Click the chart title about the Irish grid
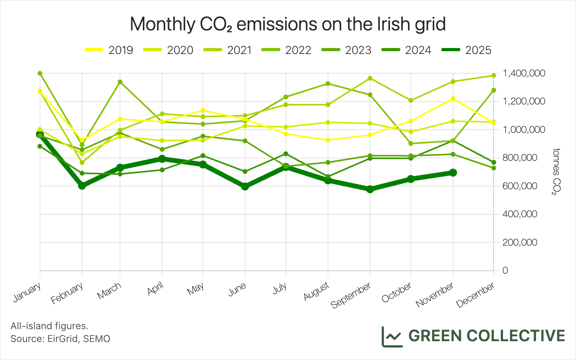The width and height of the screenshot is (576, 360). (x=288, y=24)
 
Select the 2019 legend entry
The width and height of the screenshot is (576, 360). (x=109, y=50)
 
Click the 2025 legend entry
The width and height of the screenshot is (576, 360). (x=466, y=50)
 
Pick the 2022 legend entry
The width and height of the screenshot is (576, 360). (x=286, y=50)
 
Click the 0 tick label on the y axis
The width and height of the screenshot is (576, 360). (x=505, y=270)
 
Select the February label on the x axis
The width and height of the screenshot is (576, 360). (x=67, y=293)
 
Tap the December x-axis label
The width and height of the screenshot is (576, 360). (x=476, y=295)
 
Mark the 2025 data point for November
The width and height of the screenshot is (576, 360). (x=453, y=172)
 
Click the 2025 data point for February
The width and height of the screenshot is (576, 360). (x=82, y=185)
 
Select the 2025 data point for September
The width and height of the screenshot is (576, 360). (x=370, y=189)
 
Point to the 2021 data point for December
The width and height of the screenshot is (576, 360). (x=494, y=75)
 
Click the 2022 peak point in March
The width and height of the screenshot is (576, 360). (x=120, y=82)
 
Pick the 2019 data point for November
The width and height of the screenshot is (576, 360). (x=453, y=98)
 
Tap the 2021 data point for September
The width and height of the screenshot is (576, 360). (x=370, y=78)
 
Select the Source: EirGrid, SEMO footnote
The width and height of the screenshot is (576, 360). (x=60, y=339)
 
